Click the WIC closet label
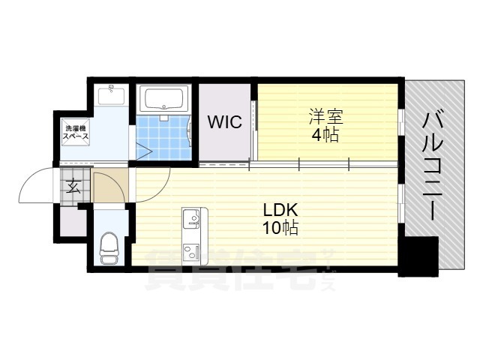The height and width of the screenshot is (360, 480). click(x=225, y=122)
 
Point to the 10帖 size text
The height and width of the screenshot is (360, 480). click(x=279, y=229)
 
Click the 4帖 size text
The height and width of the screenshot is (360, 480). click(x=326, y=136)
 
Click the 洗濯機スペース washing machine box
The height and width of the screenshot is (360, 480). click(x=75, y=133)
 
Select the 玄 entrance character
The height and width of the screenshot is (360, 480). click(x=73, y=187)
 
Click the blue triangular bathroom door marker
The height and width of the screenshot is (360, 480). click(x=144, y=151)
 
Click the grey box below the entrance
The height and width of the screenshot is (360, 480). click(x=74, y=220)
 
